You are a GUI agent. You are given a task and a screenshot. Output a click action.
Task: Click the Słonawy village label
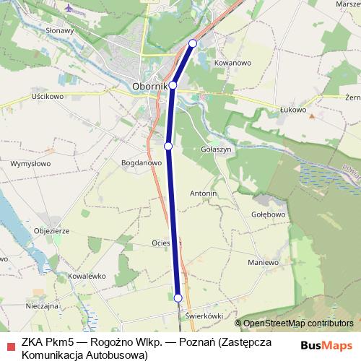[60, 31]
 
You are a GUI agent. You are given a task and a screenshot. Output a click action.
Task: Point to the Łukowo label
[293, 110]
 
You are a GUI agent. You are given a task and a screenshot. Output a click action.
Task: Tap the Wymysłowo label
[30, 164]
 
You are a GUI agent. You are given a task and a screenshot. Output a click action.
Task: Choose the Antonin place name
[204, 194]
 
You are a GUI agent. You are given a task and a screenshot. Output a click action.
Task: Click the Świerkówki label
[202, 316]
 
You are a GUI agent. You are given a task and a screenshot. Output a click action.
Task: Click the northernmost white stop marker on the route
[193, 44]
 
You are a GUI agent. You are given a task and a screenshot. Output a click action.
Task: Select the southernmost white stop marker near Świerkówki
[178, 297]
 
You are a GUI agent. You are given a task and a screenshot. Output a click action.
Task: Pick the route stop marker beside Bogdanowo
[168, 146]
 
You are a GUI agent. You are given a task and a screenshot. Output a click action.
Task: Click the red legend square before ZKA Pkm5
[10, 346]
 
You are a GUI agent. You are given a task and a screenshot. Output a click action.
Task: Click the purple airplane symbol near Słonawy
[69, 9]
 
